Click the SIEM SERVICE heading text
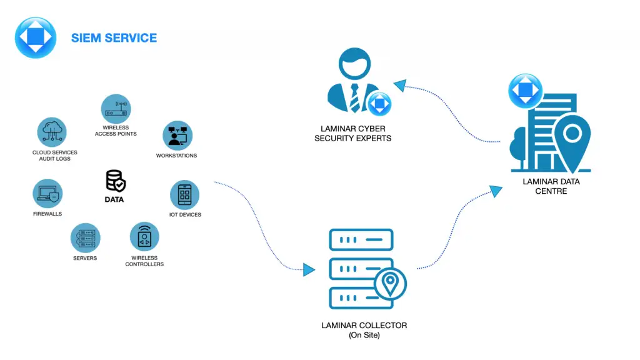point(114,38)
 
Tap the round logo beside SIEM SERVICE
point(36,37)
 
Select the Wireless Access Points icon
point(116,109)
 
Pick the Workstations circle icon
point(177,135)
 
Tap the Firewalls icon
point(47,194)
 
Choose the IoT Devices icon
point(184,195)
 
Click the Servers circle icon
point(85,237)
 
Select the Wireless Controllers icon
point(144,237)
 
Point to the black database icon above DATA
point(116,181)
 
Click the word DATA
point(114,200)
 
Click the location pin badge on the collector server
point(391,284)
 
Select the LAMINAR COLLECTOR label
point(364,326)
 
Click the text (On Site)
point(364,336)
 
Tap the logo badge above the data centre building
point(526,91)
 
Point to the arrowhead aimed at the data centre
point(496,191)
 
